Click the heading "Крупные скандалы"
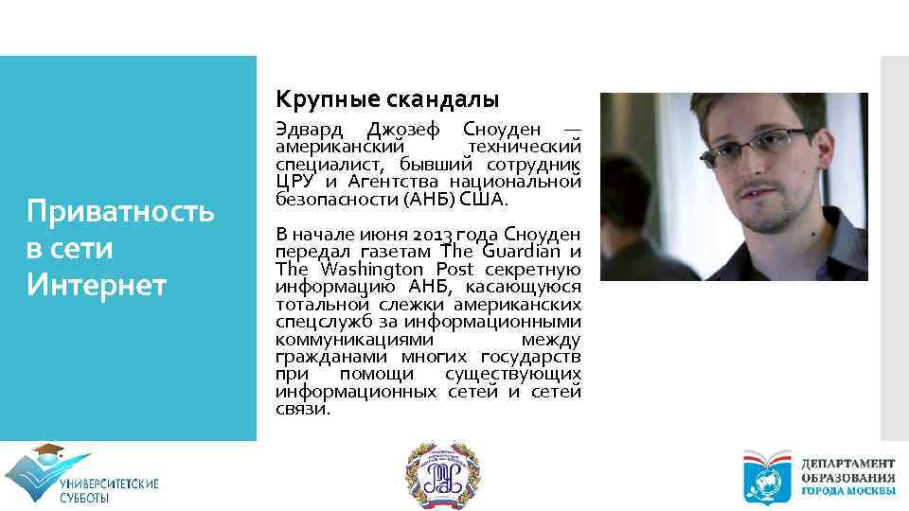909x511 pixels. pos(386,98)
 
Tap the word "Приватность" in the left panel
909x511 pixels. pos(120,211)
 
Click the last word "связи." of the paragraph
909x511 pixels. pos(303,410)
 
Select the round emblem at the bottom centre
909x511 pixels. pos(437,475)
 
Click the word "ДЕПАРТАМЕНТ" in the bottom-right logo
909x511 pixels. pos(847,464)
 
